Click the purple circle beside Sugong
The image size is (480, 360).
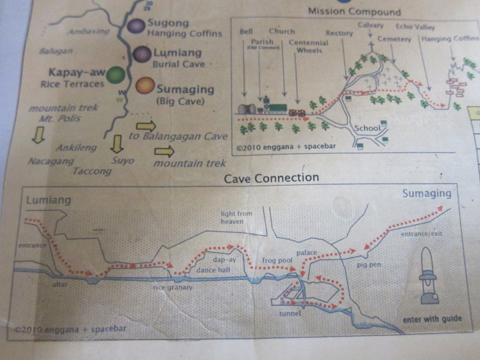[x=136, y=26]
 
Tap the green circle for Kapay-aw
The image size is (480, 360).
[x=116, y=75]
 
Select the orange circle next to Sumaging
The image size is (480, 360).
[x=144, y=86]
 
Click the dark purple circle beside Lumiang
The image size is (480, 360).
[x=141, y=54]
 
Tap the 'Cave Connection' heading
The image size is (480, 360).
[x=271, y=178]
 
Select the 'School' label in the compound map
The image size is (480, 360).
[x=367, y=128]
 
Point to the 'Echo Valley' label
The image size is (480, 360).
[x=414, y=26]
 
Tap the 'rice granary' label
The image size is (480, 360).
[x=173, y=287]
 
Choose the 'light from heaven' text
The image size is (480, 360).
[x=237, y=217]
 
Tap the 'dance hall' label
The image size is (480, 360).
[x=213, y=270]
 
